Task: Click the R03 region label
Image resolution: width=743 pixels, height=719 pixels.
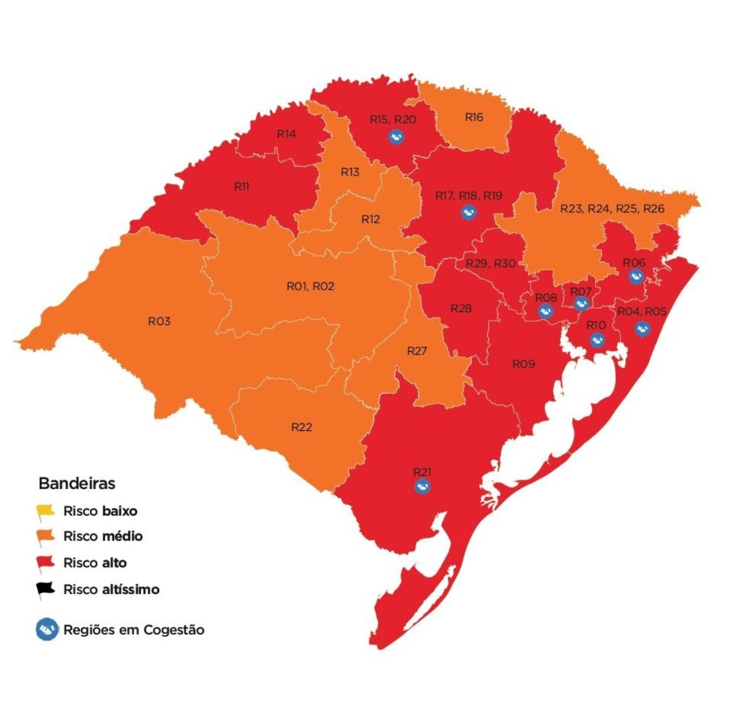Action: tap(159, 321)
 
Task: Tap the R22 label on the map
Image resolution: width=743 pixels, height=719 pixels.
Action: tap(301, 427)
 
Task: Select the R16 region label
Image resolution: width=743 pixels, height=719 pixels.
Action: tap(474, 118)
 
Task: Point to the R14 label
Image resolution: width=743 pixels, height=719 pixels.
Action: tap(286, 134)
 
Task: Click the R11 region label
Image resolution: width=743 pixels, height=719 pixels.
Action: tap(242, 186)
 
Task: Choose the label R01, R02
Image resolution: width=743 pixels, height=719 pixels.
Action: tap(310, 287)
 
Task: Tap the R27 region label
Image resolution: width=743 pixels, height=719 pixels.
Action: tap(416, 351)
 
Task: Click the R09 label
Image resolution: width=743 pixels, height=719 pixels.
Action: tap(523, 363)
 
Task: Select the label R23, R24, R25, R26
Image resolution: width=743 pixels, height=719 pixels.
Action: tap(612, 208)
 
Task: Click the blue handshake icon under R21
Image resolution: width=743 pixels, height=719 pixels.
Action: tap(422, 486)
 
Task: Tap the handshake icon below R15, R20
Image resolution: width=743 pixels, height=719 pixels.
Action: tap(395, 136)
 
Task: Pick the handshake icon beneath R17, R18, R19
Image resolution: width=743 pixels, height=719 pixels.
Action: tap(469, 212)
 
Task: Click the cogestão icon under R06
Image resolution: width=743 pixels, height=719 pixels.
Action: tap(636, 276)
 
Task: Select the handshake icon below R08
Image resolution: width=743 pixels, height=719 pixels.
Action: tap(546, 311)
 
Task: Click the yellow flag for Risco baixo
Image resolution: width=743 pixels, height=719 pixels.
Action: tap(46, 511)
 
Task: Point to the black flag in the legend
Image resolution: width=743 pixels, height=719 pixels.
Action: tap(46, 590)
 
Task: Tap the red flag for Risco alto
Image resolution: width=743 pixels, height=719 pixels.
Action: tap(46, 563)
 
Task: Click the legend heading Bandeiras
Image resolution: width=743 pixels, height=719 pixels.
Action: tap(76, 482)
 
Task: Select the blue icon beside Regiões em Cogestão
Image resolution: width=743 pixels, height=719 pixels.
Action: tap(47, 630)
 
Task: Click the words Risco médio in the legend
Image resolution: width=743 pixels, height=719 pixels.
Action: tap(102, 537)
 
